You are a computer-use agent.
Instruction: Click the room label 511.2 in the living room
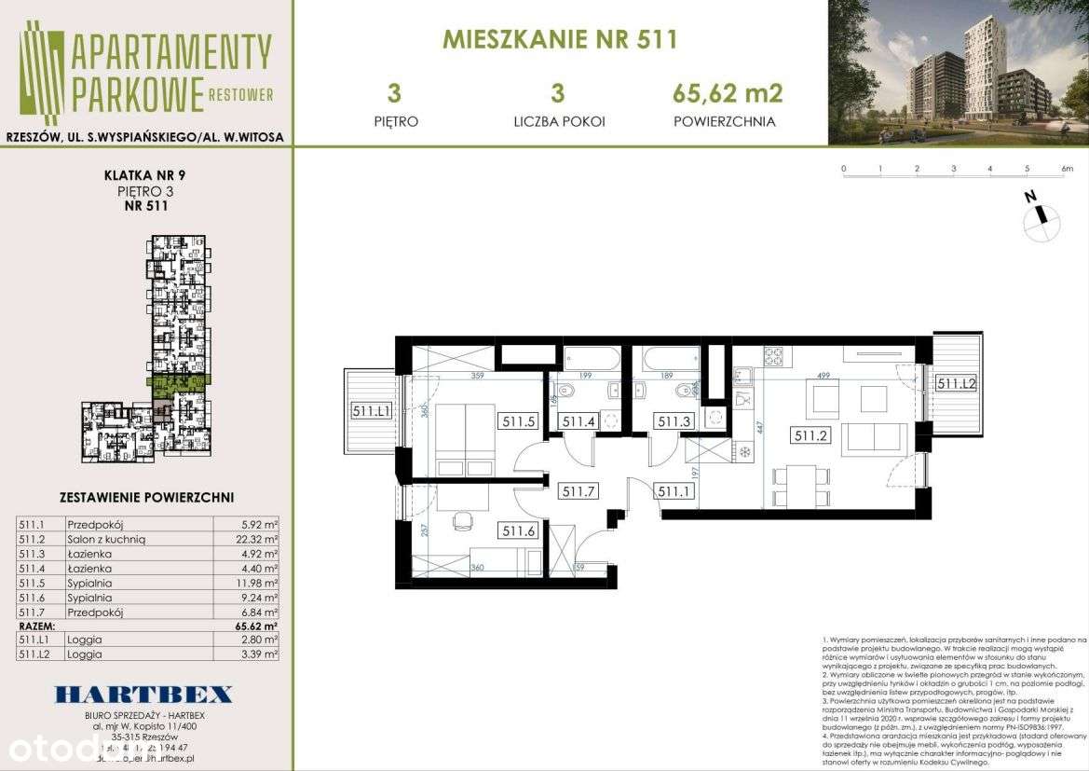click(x=810, y=434)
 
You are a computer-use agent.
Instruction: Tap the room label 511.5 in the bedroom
click(x=519, y=420)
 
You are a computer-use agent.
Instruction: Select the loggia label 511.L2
click(x=955, y=383)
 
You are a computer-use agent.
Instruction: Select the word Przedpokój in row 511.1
click(x=89, y=524)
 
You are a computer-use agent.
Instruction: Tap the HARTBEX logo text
click(x=143, y=695)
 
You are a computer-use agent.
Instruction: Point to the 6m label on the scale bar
click(x=1067, y=169)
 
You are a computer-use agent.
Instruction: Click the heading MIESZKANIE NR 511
click(x=559, y=39)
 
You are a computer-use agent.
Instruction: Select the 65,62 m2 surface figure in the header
click(x=727, y=93)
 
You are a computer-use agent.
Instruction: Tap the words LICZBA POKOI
click(x=559, y=121)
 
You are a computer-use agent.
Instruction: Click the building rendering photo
click(x=958, y=73)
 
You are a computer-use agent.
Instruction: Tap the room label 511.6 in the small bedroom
click(x=518, y=531)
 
